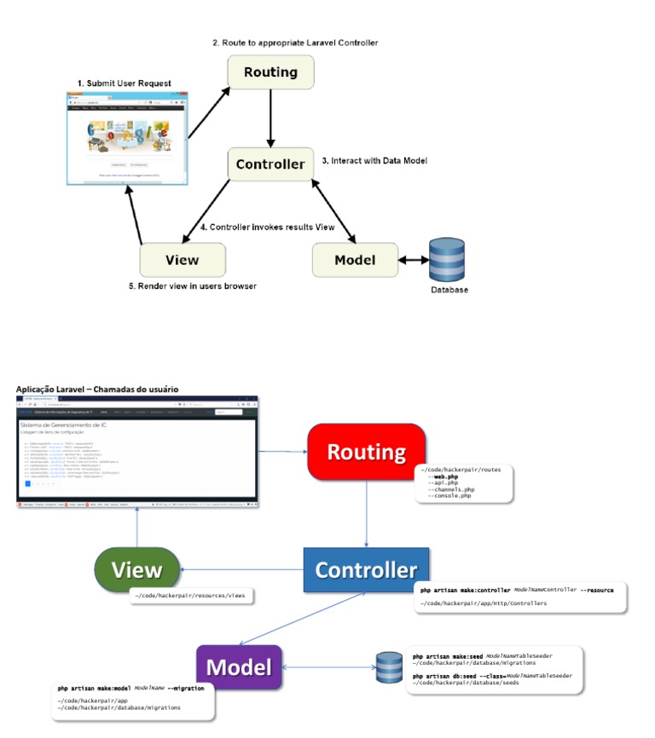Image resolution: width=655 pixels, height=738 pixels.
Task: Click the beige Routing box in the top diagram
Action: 270,73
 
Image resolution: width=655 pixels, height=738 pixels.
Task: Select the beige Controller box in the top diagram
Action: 270,164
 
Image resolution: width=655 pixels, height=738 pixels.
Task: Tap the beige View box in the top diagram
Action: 182,260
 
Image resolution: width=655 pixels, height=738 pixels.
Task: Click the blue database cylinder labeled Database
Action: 448,260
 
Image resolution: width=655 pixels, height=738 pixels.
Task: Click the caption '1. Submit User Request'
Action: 125,83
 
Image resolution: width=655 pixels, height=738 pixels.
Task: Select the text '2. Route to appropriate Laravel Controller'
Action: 295,42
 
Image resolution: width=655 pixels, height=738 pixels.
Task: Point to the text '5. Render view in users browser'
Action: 193,286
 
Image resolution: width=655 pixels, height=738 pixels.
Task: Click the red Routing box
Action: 366,452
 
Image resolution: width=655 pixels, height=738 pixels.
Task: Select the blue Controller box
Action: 366,569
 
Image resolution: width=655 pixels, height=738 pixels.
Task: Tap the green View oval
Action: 137,569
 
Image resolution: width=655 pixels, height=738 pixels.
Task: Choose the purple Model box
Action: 240,667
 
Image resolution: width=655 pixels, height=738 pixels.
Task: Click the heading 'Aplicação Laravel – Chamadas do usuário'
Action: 97,389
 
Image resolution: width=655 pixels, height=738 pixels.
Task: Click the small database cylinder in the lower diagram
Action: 389,667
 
